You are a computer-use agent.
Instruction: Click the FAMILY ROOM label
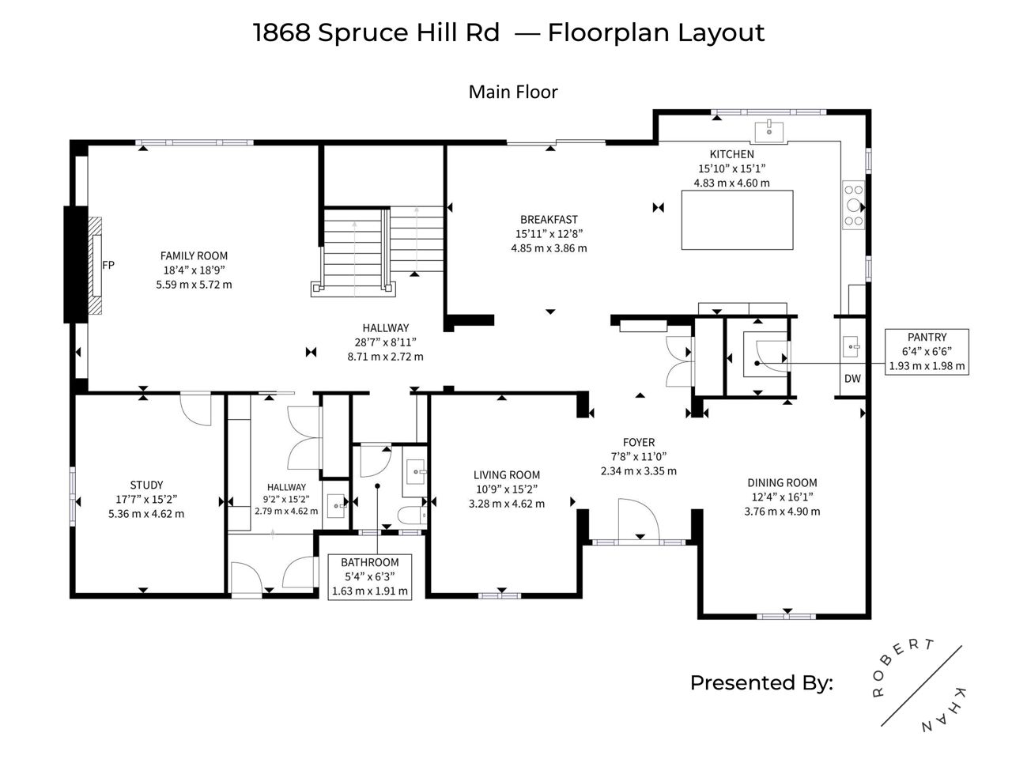pos(194,255)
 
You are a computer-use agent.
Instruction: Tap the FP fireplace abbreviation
pos(108,265)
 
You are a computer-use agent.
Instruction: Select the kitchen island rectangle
pos(737,220)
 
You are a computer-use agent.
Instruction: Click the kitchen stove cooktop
pos(853,205)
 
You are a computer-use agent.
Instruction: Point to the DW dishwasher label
pos(852,379)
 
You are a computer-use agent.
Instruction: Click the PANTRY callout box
pos(927,352)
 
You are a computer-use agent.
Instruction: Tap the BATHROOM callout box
pos(370,576)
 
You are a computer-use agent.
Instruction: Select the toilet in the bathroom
pos(412,515)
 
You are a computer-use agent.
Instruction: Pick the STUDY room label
pos(146,485)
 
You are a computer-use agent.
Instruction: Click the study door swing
pos(195,410)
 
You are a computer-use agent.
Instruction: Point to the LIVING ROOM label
pos(507,475)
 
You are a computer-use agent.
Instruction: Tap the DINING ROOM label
pos(782,483)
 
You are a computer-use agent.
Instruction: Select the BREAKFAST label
pos(549,219)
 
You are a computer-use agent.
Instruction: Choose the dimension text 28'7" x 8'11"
pos(386,342)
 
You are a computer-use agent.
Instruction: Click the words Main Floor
pos(513,93)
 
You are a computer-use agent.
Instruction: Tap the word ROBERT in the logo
pos(901,667)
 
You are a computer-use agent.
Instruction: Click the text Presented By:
pos(761,683)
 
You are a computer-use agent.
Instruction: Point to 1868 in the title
pos(281,33)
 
